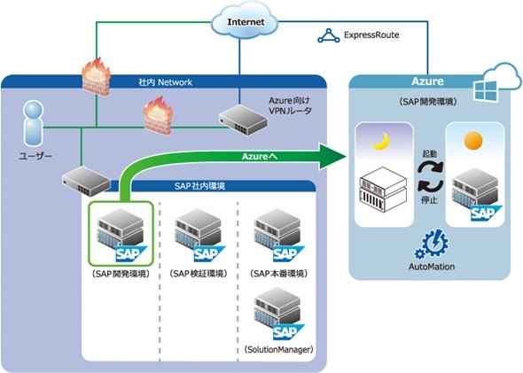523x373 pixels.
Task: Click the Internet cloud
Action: click(245, 21)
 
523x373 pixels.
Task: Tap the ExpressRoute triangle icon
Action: click(329, 36)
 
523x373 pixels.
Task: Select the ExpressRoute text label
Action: click(371, 35)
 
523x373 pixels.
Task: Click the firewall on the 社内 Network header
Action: click(96, 77)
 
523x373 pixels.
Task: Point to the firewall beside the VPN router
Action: click(158, 116)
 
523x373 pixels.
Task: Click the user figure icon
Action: click(34, 124)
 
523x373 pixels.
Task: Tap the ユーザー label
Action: click(35, 156)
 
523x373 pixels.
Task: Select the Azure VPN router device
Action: click(243, 120)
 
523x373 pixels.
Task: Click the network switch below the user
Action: click(86, 182)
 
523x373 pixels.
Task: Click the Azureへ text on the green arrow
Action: click(260, 156)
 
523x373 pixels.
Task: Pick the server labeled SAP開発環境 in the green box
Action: click(121, 235)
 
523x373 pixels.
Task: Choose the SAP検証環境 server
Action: click(199, 235)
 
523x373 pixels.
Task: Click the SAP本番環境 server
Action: click(279, 235)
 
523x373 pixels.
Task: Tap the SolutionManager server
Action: click(279, 314)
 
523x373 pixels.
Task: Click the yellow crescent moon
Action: click(381, 142)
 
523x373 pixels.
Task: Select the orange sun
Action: click(473, 141)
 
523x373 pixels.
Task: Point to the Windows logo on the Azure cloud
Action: click(486, 91)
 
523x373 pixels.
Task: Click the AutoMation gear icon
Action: click(432, 244)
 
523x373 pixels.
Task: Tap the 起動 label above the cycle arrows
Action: click(429, 153)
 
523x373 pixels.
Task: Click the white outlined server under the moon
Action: click(383, 189)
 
